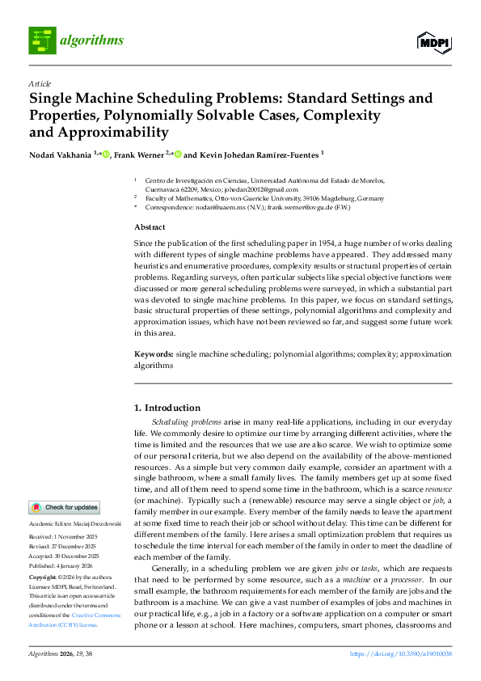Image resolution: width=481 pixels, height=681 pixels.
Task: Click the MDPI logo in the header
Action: tap(434, 40)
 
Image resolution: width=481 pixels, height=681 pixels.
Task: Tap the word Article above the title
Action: tap(40, 83)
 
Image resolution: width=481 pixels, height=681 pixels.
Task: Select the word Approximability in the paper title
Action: tap(99, 132)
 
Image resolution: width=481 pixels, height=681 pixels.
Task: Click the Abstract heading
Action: tap(149, 227)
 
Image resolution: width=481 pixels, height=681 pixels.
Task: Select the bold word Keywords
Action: tap(153, 354)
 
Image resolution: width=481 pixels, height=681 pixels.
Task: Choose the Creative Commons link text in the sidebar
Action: tap(78, 616)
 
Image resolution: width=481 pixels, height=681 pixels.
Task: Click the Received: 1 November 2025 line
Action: tap(64, 537)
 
